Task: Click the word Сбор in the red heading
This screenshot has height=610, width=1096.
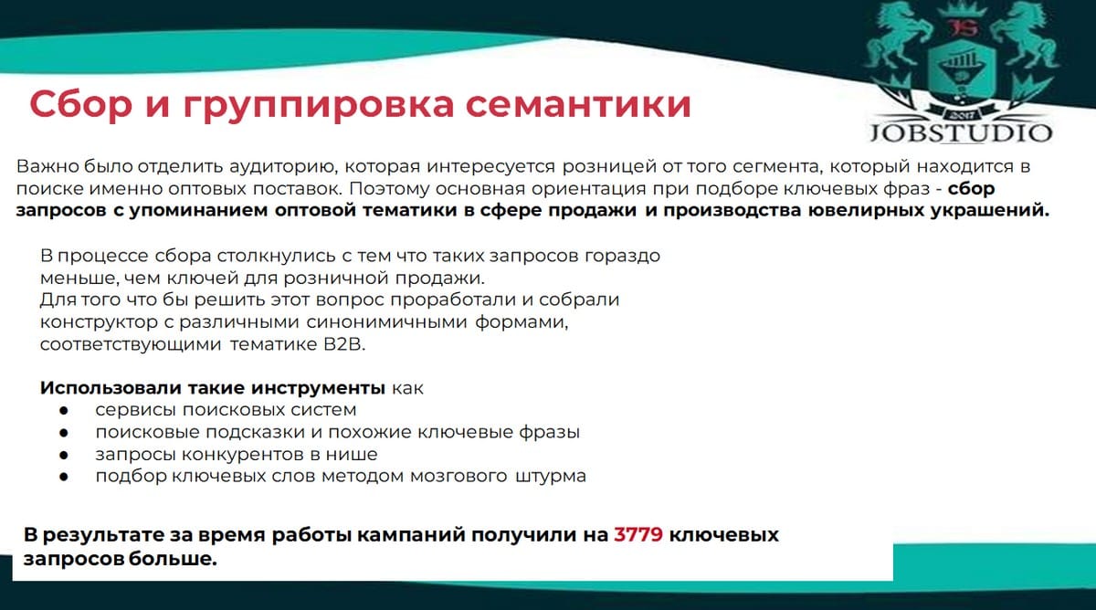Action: [x=80, y=104]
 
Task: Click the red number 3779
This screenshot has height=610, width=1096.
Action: [x=638, y=535]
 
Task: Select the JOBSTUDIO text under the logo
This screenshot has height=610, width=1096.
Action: [x=961, y=133]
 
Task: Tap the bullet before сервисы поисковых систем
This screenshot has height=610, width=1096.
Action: [x=64, y=410]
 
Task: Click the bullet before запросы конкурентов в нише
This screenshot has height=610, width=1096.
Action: [x=64, y=455]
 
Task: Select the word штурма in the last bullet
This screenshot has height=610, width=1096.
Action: [x=551, y=476]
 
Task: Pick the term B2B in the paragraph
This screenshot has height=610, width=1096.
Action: [x=344, y=344]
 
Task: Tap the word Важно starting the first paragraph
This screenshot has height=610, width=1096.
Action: [x=47, y=166]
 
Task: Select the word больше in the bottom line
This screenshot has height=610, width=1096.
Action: [x=173, y=559]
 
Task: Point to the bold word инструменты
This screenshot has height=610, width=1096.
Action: [x=318, y=388]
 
